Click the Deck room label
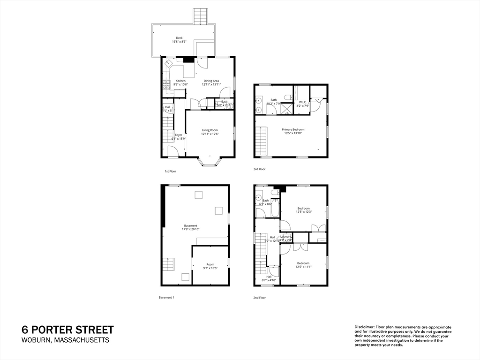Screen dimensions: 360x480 point(179,38)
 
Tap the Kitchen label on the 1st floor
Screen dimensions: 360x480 point(180,81)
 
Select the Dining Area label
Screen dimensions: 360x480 point(211,81)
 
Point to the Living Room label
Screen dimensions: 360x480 point(210,130)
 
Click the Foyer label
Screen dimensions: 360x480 point(179,135)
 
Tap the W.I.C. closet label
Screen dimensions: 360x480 point(303,102)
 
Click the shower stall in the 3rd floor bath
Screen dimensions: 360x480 point(286,109)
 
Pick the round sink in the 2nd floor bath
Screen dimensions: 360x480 point(259,197)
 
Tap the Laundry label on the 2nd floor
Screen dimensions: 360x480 point(286,237)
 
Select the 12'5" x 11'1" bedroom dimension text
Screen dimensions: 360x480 point(304,267)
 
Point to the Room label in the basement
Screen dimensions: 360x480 point(210,264)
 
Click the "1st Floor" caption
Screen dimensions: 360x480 point(170,172)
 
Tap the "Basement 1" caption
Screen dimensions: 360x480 point(166,298)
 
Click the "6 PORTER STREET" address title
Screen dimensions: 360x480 point(68,330)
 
